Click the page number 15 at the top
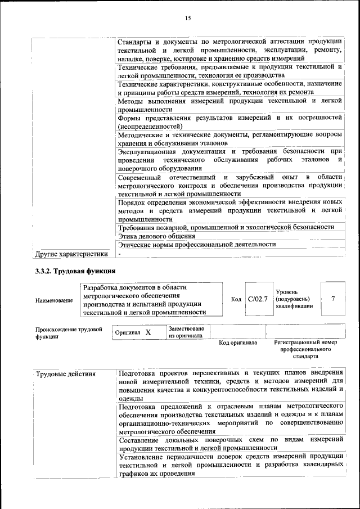pyautogui.click(x=188, y=19)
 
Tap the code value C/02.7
pyautogui.click(x=258, y=299)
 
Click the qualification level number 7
pyautogui.click(x=333, y=299)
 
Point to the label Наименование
pyautogui.click(x=54, y=300)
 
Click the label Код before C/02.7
pyautogui.click(x=236, y=299)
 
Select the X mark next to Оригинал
pyautogui.click(x=148, y=332)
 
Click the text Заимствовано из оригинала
pyautogui.click(x=186, y=332)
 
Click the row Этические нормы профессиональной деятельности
pyautogui.click(x=197, y=244)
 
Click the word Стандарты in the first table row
pyautogui.click(x=135, y=42)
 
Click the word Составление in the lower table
pyautogui.click(x=138, y=439)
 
